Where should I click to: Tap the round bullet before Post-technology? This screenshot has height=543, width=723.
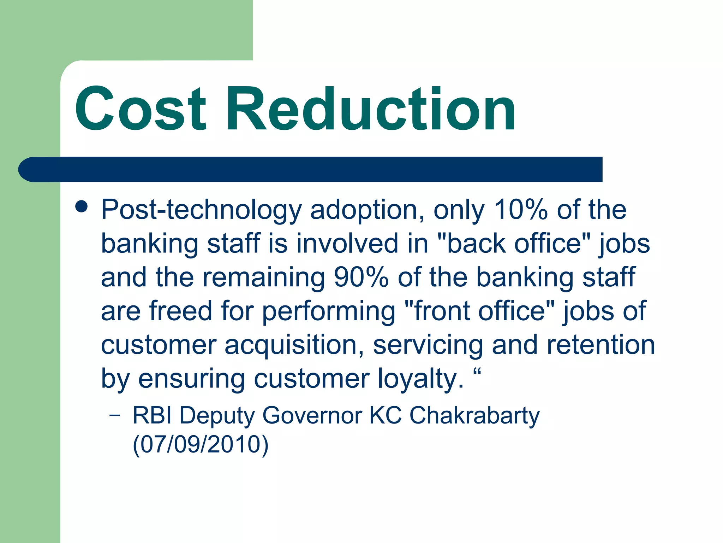(82, 207)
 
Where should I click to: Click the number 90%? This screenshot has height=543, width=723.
(361, 277)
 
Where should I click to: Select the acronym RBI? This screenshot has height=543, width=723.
(152, 415)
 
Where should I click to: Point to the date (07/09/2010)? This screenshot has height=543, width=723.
(201, 444)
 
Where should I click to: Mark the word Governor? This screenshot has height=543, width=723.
(312, 415)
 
